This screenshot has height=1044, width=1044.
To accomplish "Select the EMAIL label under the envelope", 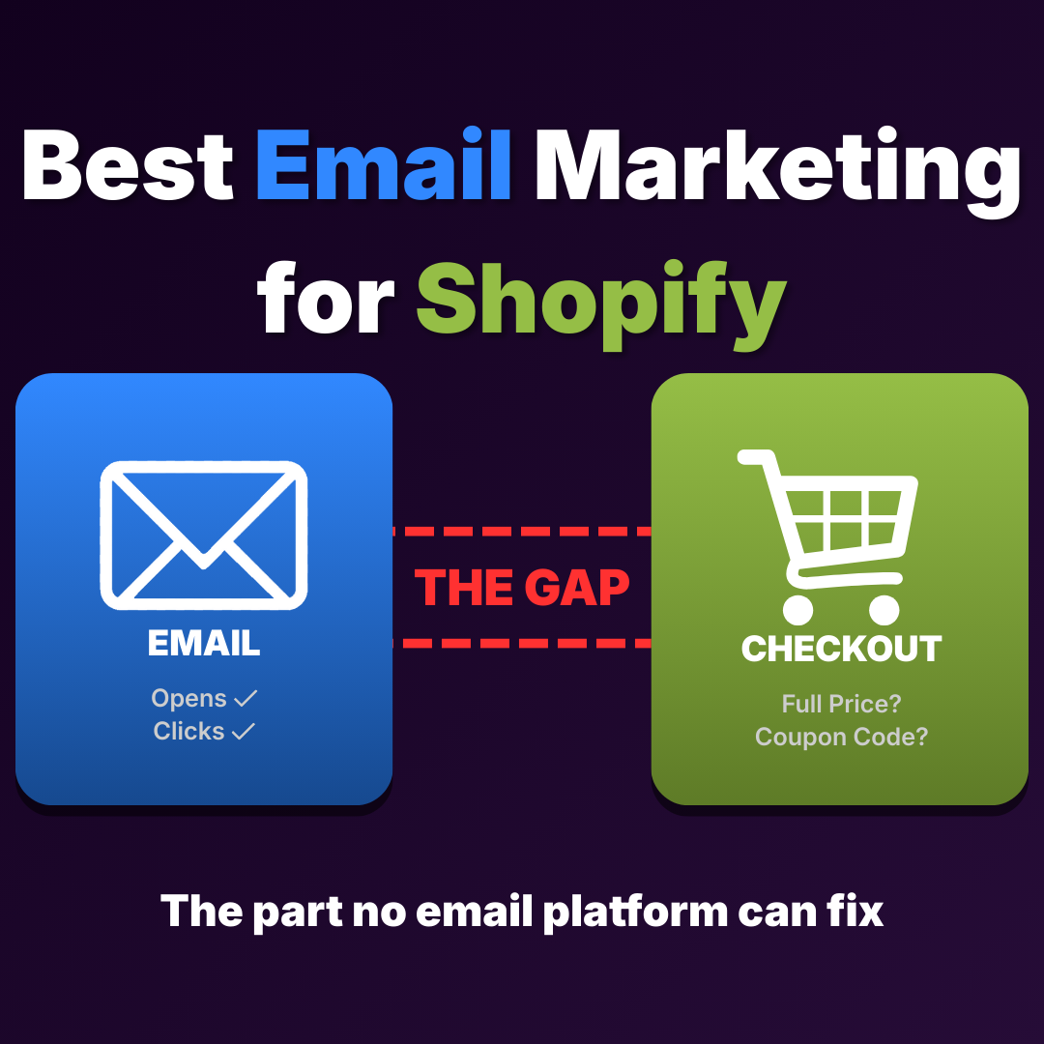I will tap(204, 644).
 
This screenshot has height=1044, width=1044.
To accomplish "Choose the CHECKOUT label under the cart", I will tap(841, 649).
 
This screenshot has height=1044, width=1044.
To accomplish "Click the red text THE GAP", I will tap(522, 587).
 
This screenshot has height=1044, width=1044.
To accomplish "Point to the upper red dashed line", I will tap(522, 532).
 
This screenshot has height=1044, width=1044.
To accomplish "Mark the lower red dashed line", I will tap(522, 642).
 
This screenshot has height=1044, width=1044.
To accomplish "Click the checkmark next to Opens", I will tap(246, 698).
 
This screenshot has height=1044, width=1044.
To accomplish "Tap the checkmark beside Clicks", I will tap(244, 732).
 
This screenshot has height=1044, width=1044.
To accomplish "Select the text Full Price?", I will tap(841, 704).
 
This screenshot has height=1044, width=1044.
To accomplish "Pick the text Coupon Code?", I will tap(841, 737).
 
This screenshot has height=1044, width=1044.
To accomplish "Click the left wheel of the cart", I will tap(797, 609).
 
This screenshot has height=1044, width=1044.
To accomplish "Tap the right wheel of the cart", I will tap(884, 609).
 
